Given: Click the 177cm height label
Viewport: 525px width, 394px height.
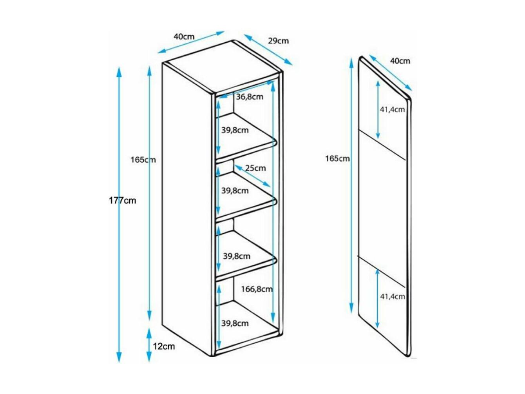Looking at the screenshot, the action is (122, 200).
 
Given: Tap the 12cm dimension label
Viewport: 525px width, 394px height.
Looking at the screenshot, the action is (164, 346).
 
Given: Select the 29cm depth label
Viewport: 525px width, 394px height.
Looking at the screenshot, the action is (278, 41).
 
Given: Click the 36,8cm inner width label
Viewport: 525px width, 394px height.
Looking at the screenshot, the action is (250, 97).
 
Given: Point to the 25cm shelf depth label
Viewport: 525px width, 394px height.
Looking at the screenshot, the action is (255, 168).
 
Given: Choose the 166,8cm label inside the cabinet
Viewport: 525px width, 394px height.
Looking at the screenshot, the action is (257, 289).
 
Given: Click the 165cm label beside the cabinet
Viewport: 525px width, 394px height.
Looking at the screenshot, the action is (143, 160).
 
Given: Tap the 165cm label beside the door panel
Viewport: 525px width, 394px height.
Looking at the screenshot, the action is (337, 158).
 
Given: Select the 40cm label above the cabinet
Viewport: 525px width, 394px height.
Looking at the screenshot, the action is (184, 36).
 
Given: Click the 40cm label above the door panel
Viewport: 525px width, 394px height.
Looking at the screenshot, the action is (400, 61).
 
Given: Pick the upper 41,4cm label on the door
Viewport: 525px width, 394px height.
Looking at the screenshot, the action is (392, 109).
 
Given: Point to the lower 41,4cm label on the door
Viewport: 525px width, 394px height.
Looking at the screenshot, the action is (393, 296).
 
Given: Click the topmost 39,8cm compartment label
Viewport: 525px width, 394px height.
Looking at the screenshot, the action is (235, 131).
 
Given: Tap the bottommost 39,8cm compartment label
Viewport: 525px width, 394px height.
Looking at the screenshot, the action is (235, 323).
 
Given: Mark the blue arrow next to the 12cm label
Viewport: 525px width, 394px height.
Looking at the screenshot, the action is (149, 345).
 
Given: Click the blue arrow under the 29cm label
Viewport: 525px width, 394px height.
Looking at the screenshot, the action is (268, 50).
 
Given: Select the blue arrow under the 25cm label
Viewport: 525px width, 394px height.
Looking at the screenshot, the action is (253, 176).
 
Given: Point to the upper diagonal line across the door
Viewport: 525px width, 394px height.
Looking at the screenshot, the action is (382, 145).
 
